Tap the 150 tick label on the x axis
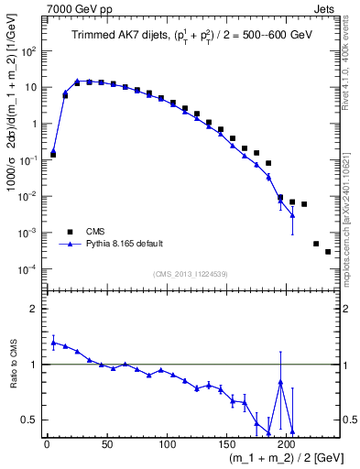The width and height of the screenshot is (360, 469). (226, 443)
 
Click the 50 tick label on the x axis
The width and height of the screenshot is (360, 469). (106, 443)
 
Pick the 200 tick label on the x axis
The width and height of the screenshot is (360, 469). (286, 443)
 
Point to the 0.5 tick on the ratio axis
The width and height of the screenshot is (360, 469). (33, 420)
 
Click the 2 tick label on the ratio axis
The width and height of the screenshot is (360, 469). (37, 309)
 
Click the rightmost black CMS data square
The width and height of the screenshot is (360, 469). (328, 252)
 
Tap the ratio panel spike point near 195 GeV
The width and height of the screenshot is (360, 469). (280, 382)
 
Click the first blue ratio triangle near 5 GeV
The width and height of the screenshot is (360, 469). (53, 343)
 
